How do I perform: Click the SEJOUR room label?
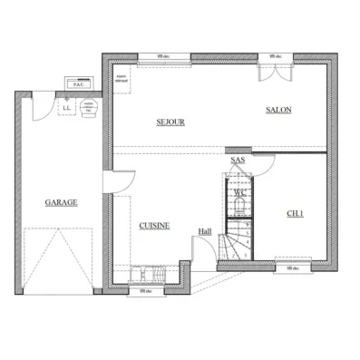(170, 122)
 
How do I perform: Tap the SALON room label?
(277, 111)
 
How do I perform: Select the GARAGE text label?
(60, 202)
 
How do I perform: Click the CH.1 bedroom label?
(296, 214)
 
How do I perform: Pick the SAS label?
(238, 161)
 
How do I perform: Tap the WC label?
(239, 192)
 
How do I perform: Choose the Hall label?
(205, 231)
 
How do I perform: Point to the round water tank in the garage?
(89, 107)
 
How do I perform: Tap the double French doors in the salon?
(269, 71)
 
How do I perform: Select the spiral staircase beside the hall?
(239, 241)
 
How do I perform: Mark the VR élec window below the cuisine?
(147, 291)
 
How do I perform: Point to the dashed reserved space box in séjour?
(122, 80)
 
